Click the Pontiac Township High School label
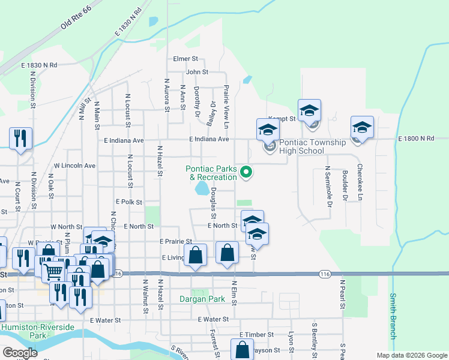click(312, 146)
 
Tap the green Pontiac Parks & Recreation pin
click(246, 173)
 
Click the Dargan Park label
click(202, 298)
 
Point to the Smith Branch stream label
click(393, 316)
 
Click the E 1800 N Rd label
click(415, 139)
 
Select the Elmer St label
click(185, 59)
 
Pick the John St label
click(197, 72)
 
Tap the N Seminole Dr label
click(328, 186)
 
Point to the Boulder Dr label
click(345, 185)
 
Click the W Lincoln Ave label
click(74, 165)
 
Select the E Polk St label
click(129, 203)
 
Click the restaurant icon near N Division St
click(21, 139)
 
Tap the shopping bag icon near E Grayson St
click(241, 349)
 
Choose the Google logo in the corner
click(20, 353)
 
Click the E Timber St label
click(256, 334)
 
